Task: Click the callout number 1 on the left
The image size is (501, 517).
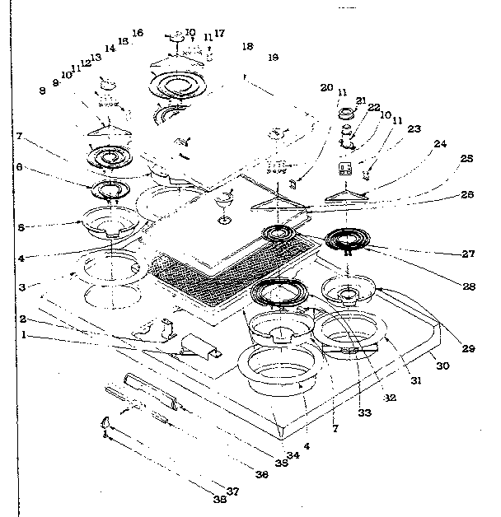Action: click(25, 335)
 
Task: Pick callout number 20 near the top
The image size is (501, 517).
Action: click(327, 87)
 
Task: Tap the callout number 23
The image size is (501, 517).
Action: click(414, 128)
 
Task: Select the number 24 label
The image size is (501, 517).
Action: click(440, 143)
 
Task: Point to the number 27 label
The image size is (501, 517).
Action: click(468, 254)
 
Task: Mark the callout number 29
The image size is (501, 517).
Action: click(468, 349)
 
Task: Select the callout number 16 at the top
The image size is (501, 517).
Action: click(137, 33)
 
